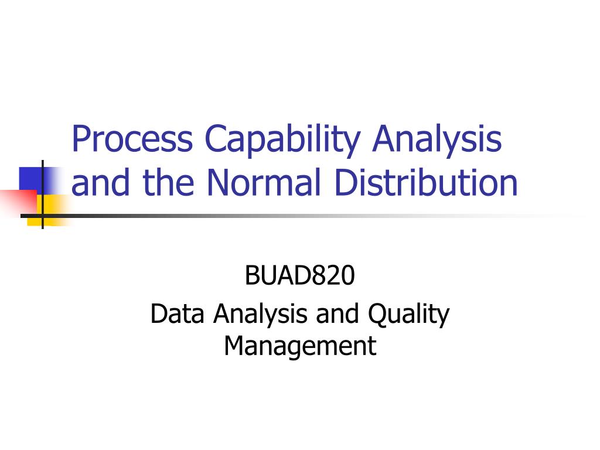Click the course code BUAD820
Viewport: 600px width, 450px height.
point(299,276)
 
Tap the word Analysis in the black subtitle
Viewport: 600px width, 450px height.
point(260,315)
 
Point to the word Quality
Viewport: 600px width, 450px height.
point(408,315)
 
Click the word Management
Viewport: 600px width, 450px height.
point(299,346)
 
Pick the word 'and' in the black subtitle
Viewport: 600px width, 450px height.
point(337,314)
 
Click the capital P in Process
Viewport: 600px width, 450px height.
point(80,139)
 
